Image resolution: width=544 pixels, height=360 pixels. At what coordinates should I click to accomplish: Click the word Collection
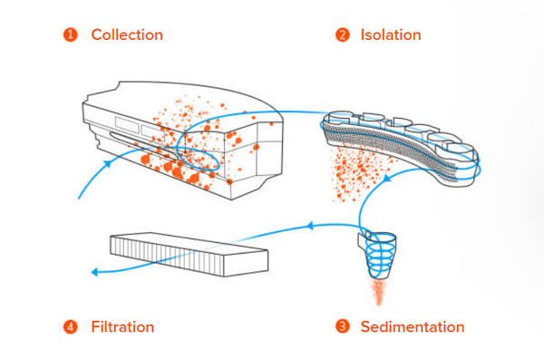[127, 35]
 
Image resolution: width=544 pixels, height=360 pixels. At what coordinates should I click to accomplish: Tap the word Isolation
[391, 35]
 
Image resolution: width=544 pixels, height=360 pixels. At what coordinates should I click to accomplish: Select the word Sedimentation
[413, 327]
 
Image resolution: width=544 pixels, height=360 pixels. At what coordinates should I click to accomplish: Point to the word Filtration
[122, 327]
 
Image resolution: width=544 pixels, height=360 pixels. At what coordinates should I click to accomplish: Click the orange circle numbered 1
[70, 35]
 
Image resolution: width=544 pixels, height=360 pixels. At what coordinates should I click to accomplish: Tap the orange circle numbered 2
[343, 35]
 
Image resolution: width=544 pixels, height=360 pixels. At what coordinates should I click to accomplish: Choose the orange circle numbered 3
[343, 326]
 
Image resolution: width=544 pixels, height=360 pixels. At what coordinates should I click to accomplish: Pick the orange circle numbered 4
[70, 327]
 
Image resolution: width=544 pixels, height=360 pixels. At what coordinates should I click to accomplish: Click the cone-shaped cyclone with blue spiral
[378, 255]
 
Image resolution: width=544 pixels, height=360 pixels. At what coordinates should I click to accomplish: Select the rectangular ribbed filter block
[189, 255]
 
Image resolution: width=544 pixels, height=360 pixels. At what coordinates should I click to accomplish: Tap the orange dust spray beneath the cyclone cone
[379, 292]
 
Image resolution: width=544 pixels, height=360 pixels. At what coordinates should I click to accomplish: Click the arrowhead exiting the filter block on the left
[94, 272]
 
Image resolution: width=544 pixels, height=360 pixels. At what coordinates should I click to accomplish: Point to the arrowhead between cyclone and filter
[310, 226]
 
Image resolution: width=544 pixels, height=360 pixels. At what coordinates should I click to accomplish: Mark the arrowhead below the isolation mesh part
[387, 178]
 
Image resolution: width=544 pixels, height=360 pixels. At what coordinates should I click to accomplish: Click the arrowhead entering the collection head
[108, 163]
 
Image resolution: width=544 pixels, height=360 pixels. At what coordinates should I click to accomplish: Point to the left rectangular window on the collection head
[127, 124]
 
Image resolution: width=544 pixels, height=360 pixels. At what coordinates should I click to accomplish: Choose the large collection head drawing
[183, 141]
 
